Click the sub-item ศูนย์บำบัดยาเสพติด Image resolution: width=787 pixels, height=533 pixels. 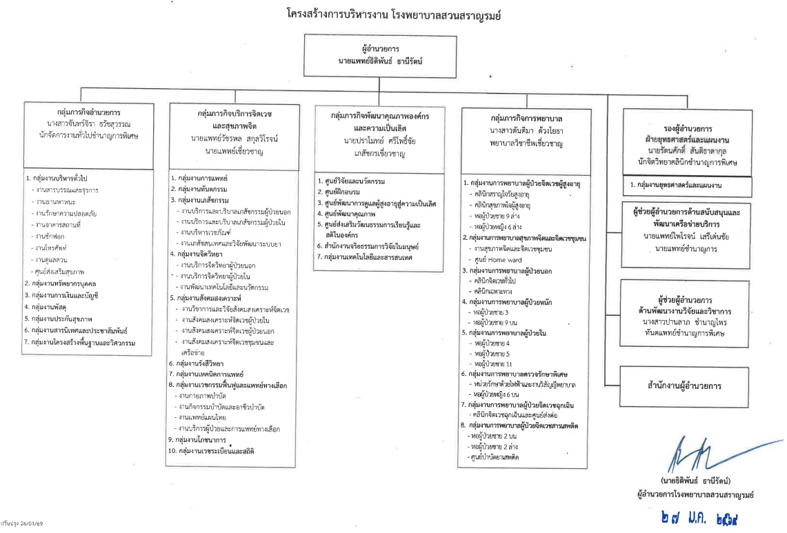point(492,457)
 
